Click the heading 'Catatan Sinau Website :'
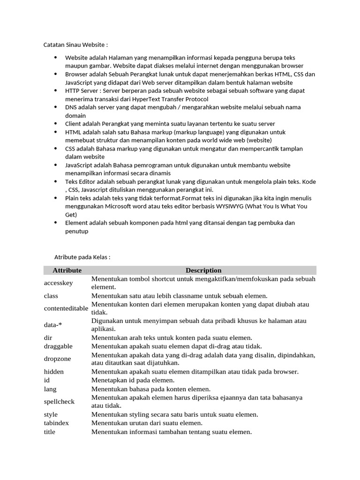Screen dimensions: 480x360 coord(75,45)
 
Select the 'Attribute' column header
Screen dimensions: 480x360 coord(67,270)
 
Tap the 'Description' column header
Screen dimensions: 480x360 coord(203,270)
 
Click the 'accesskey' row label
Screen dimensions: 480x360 coord(59,283)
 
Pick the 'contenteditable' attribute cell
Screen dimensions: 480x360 coord(66,308)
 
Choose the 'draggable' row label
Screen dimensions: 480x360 coord(58,346)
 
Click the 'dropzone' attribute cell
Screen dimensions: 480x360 coord(57,359)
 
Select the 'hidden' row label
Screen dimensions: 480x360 coord(54,372)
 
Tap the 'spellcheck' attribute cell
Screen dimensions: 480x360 coord(59,402)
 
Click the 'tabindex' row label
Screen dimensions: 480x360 coord(56,423)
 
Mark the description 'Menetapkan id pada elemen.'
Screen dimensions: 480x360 coord(133,380)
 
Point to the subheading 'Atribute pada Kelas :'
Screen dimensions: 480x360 coord(82,257)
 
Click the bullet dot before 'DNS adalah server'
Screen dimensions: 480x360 coord(55,107)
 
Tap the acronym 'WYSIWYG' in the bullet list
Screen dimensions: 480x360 coord(225,206)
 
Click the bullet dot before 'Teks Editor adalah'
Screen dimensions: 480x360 coord(55,181)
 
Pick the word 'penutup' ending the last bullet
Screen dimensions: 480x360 coord(76,231)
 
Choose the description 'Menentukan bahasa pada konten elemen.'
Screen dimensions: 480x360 coord(151,389)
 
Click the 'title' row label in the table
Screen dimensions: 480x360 coord(50,432)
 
